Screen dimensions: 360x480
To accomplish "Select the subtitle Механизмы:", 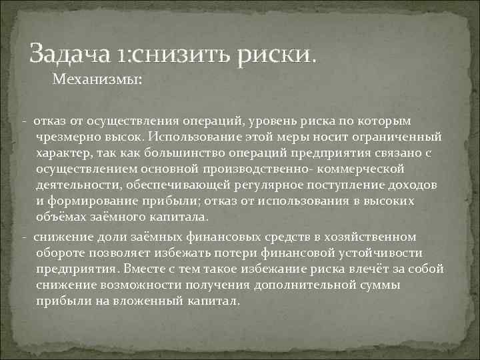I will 97,80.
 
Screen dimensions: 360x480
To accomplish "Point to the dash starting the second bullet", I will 23,237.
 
